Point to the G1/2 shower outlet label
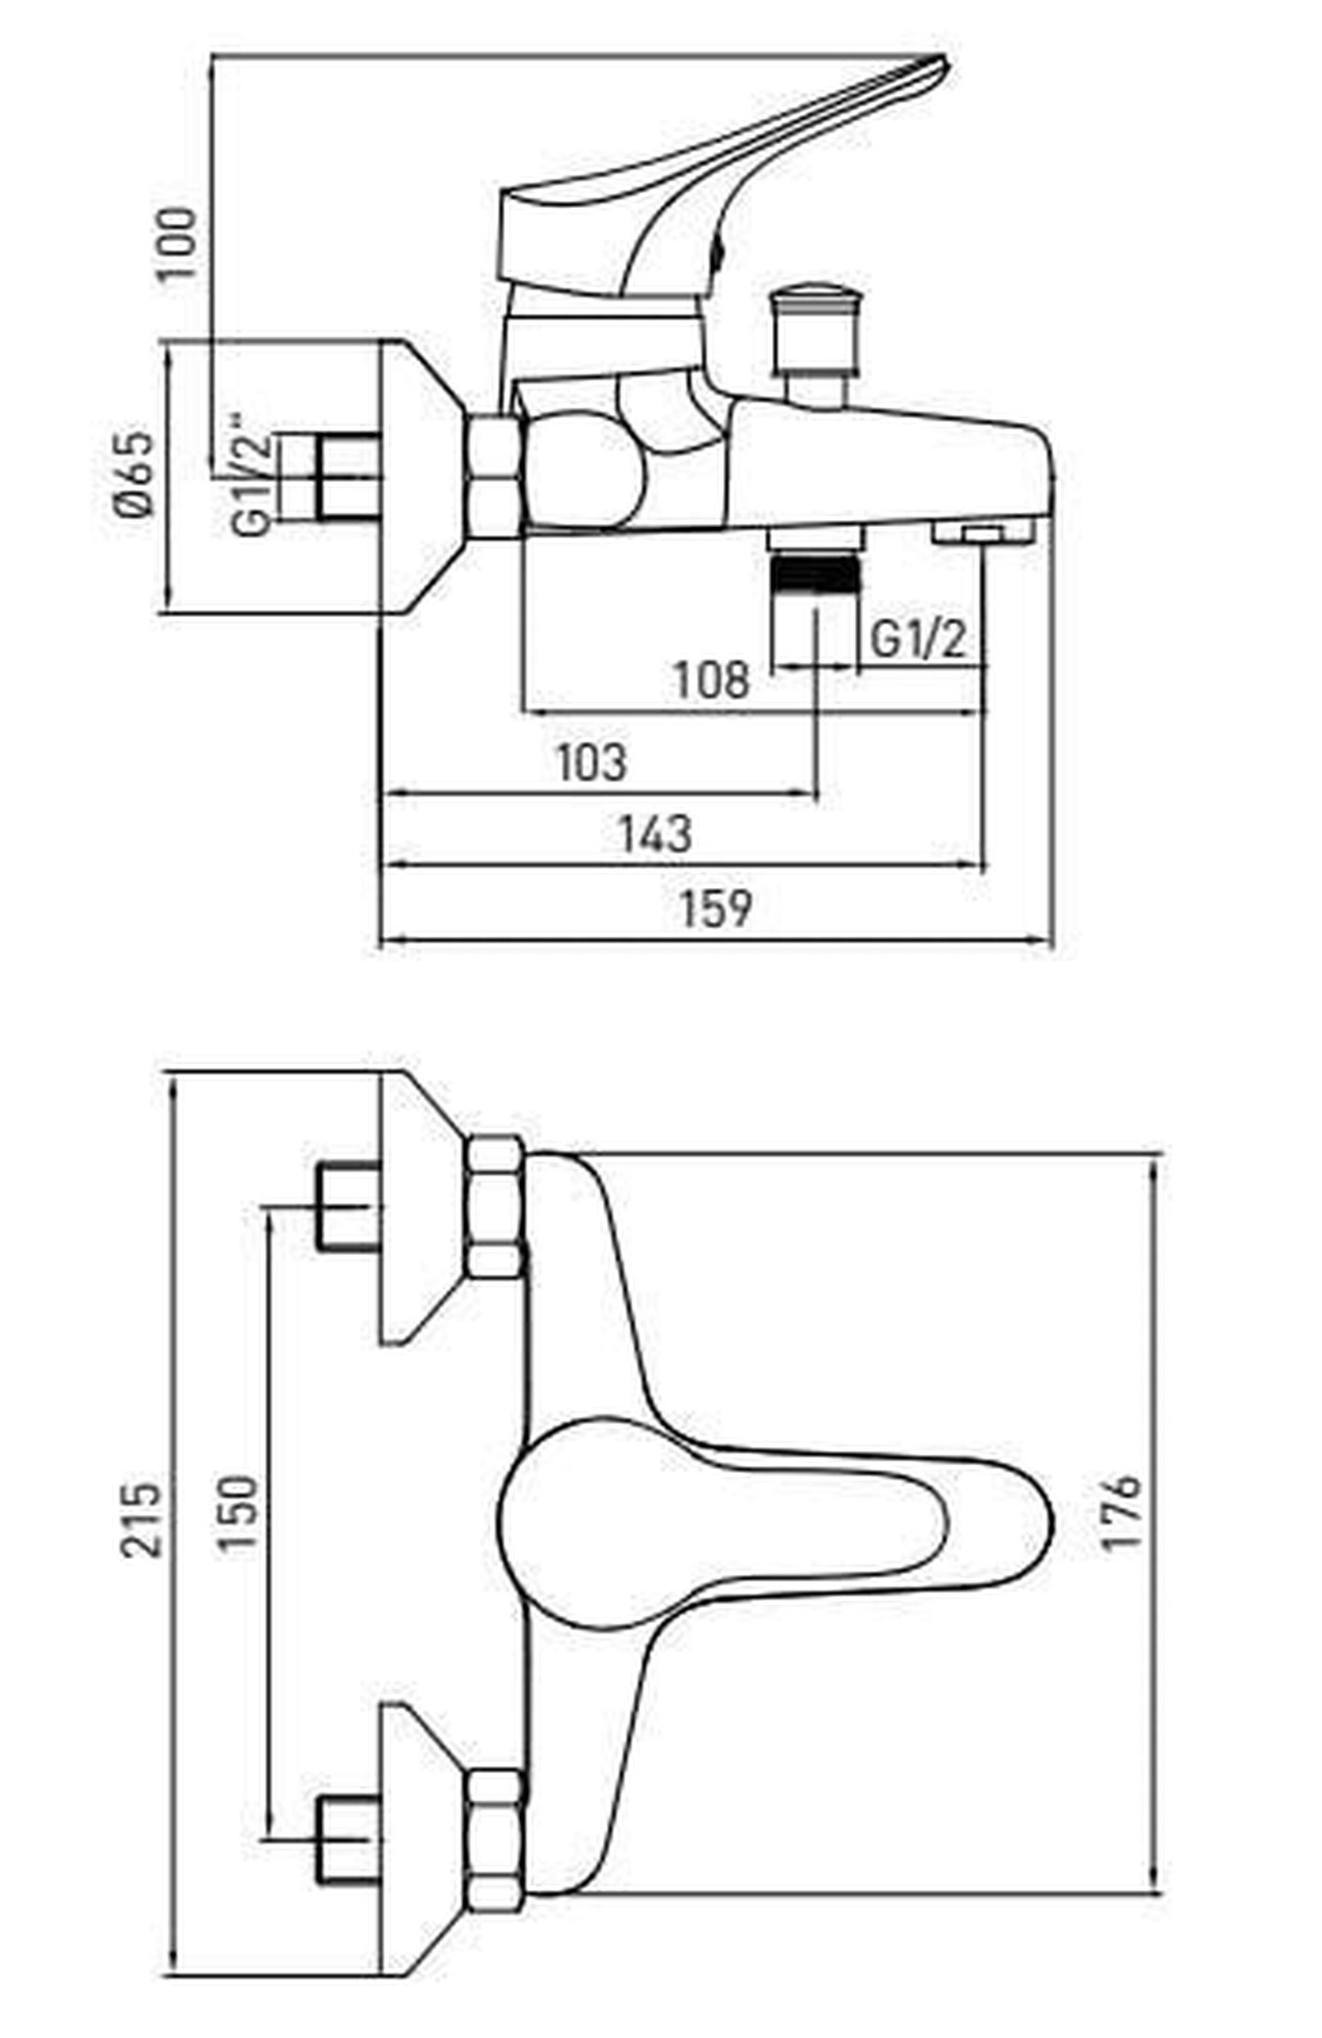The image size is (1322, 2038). [917, 639]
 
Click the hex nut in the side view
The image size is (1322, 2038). [494, 475]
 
